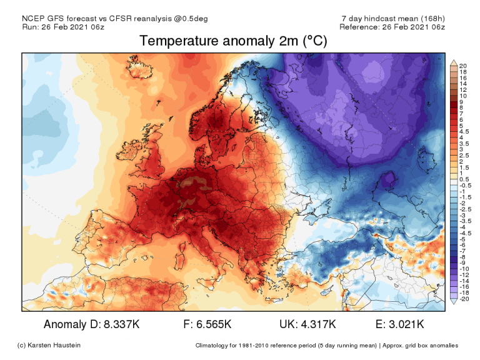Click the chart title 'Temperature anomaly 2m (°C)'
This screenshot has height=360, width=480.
[x=232, y=41]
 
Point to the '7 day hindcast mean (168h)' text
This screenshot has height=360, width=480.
[x=393, y=18]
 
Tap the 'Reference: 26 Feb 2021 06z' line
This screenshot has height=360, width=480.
[x=392, y=27]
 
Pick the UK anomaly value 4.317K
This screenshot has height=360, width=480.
[x=315, y=324]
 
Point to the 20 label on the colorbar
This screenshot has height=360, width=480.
[x=463, y=66]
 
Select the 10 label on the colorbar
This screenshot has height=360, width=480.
[x=463, y=96]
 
